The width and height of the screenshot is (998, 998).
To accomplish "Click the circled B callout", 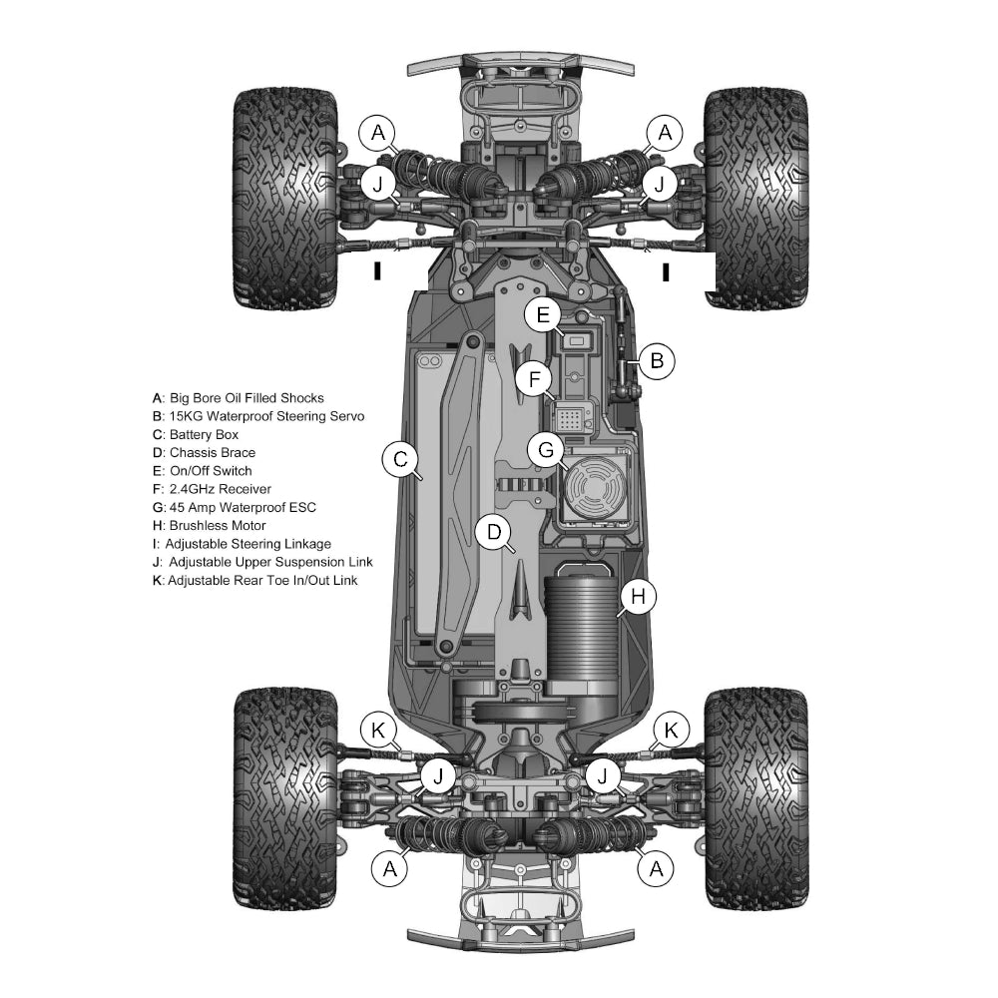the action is pos(657,361).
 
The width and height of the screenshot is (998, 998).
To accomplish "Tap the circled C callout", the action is pos(400,459).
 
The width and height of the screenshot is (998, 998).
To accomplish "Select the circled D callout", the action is pos(494,532).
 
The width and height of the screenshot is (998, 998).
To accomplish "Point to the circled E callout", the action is pos(543,314).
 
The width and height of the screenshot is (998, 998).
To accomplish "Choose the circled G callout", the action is pos(546,450).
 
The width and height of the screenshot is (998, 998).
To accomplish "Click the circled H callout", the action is pos(638,597).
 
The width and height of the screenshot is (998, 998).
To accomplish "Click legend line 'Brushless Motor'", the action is pos(210,526).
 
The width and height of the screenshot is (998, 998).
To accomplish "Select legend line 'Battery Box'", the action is pos(196,435).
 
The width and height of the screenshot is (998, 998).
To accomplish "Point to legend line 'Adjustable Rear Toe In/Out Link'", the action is pos(255,581).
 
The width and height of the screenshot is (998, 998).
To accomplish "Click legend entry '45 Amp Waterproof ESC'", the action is pos(235,507).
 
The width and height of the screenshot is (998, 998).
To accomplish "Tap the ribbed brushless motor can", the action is pos(581,627).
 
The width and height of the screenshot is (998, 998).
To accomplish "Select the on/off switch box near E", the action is pos(577,341).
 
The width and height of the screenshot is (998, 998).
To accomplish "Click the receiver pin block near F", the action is pos(570,419).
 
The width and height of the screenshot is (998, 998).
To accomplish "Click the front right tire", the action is pos(756,200).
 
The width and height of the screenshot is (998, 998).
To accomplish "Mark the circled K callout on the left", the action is pos(378,731).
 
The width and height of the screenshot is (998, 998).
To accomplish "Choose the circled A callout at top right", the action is pos(665,133).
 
